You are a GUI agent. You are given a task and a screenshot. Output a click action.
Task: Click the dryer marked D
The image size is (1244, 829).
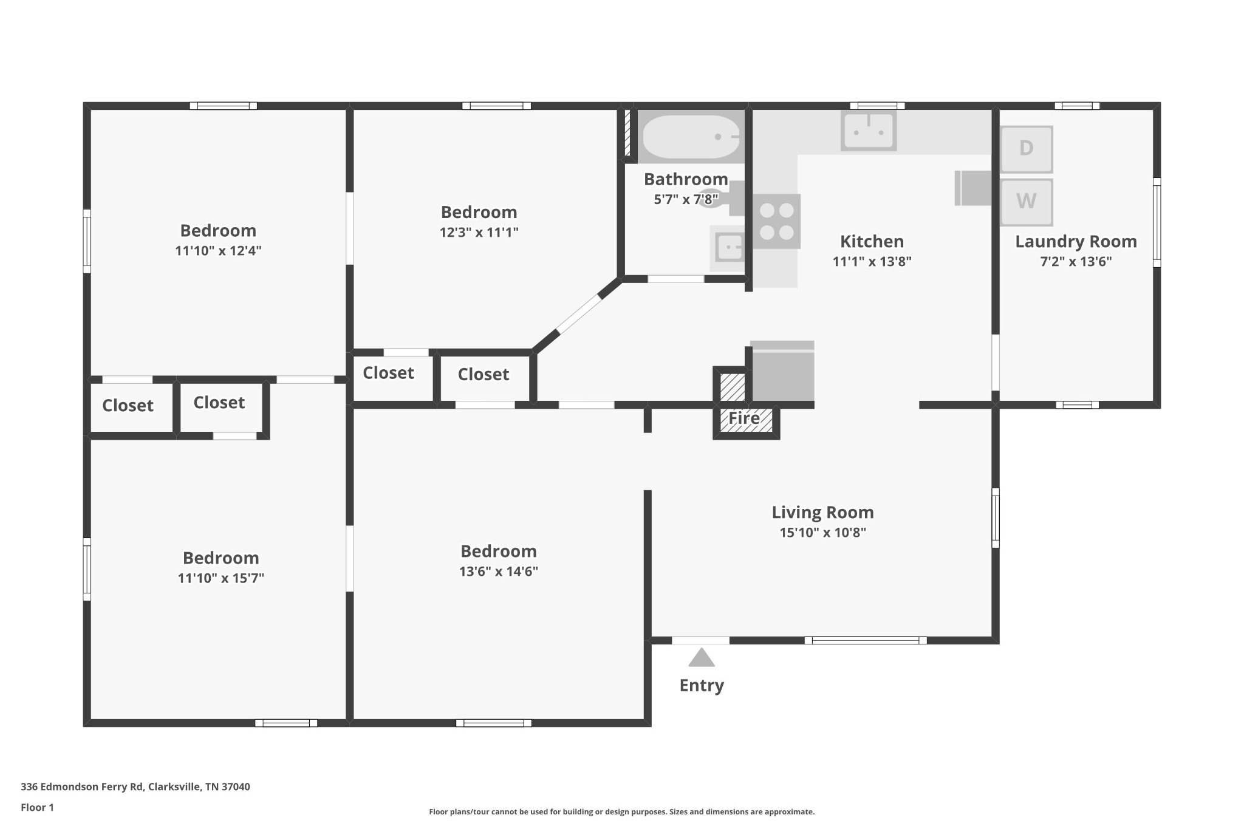point(1026,149)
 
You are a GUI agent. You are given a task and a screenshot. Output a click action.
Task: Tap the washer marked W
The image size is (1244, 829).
point(1026,202)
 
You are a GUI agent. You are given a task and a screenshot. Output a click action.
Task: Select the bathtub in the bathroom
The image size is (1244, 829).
point(691,137)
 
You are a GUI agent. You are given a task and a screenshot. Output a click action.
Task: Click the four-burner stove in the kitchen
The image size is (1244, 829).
point(777,221)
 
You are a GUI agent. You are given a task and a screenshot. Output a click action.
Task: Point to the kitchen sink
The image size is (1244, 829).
point(869,131)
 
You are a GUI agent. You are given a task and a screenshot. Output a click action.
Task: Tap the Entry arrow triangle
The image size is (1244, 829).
point(702,657)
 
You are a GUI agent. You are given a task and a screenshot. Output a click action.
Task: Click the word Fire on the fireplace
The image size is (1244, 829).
point(744,418)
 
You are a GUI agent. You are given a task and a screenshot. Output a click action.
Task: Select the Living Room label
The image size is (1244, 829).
point(822,512)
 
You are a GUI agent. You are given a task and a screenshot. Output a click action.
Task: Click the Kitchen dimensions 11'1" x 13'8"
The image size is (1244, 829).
point(872,261)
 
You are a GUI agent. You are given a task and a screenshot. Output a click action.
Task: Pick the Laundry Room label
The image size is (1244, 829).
point(1076,242)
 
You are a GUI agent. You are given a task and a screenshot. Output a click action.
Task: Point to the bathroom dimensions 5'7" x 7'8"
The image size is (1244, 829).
point(686,199)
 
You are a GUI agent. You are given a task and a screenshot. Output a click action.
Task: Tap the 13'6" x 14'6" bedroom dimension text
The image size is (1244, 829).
point(499,571)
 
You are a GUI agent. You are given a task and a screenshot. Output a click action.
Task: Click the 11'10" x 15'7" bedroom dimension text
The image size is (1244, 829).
point(221,578)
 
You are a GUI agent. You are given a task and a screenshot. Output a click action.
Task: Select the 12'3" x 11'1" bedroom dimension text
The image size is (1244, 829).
point(479,232)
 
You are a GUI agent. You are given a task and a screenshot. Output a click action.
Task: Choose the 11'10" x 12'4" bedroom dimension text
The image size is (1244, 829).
point(218,251)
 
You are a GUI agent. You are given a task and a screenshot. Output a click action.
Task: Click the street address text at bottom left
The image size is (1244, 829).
point(135,787)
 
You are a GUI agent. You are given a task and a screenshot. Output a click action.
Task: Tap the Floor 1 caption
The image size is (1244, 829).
point(38,808)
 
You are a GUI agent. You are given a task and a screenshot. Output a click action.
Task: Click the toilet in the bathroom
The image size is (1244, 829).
point(721,199)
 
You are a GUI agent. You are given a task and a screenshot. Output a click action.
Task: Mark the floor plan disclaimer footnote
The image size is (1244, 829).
point(622,812)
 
